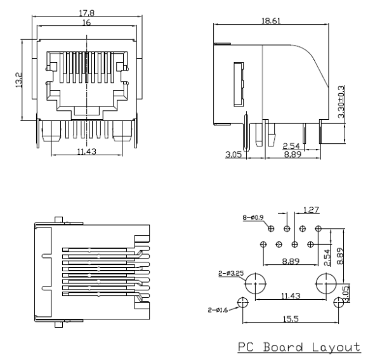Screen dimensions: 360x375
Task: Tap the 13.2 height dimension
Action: [18, 79]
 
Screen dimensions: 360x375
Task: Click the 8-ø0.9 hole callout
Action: [253, 218]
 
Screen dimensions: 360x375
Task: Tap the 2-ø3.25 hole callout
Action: [229, 274]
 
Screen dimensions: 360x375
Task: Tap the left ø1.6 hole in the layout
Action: [242, 302]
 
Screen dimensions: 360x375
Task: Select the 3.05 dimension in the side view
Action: [233, 154]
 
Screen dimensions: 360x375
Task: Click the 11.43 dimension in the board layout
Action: [291, 296]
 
